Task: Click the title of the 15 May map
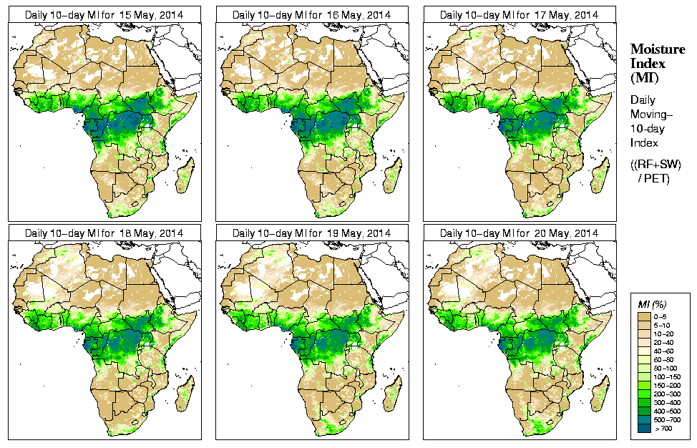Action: coord(104,14)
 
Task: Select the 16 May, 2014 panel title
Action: coord(311,14)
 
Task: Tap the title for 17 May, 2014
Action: coord(519,14)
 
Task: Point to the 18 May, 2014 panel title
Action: coord(104,233)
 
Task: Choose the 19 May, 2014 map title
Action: coord(311,233)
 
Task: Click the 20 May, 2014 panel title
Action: coord(519,233)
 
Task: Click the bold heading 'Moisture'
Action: coord(657,49)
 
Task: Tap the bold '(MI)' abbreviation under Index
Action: coord(643,77)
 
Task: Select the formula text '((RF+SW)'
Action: coord(655,165)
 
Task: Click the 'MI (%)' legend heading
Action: coord(650,305)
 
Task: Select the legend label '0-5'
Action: coord(663,316)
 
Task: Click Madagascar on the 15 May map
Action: coord(185,174)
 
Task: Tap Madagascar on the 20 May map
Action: coord(600,393)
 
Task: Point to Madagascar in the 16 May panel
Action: coord(393,174)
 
